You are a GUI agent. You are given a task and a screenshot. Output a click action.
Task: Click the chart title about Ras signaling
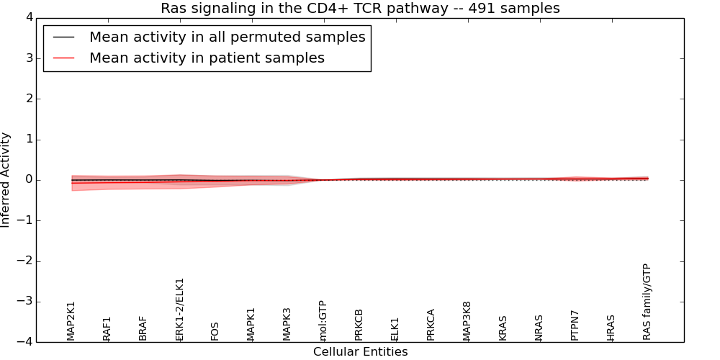tap(360, 9)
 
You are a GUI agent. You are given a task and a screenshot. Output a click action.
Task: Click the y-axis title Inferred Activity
tap(6, 180)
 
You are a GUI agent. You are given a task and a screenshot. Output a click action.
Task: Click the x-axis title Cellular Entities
tap(360, 352)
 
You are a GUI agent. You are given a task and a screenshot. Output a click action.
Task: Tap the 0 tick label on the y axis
tap(29, 180)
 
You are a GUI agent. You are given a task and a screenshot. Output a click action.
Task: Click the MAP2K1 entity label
tap(71, 320)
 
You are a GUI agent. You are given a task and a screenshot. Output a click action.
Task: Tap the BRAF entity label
tap(143, 328)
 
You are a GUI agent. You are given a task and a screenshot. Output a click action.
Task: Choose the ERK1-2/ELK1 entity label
tap(180, 310)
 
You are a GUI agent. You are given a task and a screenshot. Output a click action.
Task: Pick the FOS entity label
tap(215, 331)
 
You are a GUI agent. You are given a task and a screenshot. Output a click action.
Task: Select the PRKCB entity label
tap(359, 325)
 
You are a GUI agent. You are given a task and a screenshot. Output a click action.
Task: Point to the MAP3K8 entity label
tap(467, 321)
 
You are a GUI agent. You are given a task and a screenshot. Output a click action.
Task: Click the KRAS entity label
tap(503, 328)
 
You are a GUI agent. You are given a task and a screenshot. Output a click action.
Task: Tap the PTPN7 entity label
tap(575, 325)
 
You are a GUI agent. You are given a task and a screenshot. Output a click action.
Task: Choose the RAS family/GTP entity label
tap(647, 302)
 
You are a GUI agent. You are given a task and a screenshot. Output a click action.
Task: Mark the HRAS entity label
tap(611, 328)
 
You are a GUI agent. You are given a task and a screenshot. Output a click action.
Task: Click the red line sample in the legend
tap(63, 58)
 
